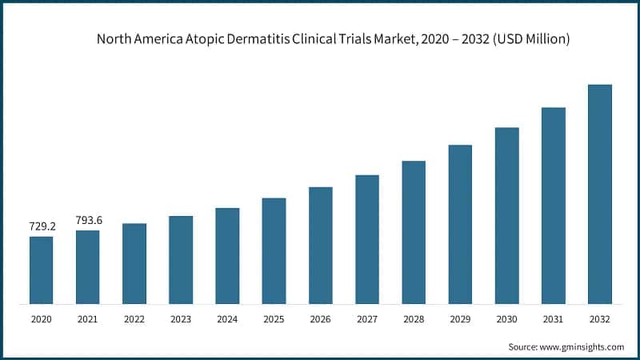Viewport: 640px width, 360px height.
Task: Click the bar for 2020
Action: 42,270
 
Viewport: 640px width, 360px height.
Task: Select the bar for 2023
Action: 181,260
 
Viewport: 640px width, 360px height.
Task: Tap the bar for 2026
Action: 321,246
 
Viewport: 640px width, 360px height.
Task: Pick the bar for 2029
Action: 460,225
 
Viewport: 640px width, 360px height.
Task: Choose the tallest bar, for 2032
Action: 600,194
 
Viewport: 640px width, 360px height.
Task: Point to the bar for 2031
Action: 554,206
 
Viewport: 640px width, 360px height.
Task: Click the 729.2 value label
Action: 41,227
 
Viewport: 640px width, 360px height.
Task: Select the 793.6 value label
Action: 88,220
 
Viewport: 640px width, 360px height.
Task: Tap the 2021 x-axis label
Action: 88,319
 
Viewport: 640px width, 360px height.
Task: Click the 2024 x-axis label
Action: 227,319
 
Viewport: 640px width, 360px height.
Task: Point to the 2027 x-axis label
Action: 367,319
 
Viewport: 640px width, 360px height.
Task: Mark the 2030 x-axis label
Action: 507,319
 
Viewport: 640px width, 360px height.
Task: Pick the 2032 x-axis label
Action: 600,319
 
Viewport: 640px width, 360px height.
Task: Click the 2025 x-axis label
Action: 274,319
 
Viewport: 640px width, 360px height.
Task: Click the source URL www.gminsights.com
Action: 582,347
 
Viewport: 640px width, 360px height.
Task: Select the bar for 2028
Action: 414,233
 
